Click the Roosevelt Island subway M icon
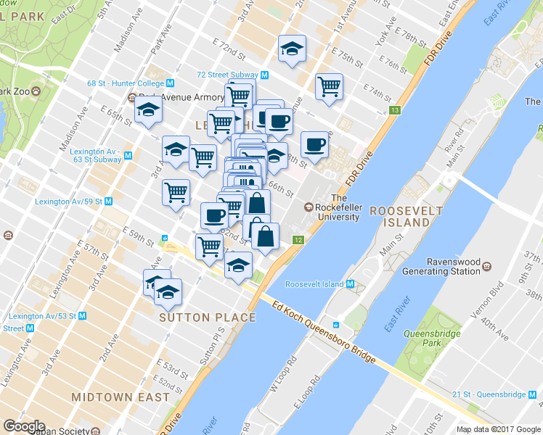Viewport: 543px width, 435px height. pyautogui.click(x=350, y=284)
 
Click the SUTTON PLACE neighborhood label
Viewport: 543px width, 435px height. pyautogui.click(x=208, y=318)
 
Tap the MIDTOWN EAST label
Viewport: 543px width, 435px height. pyautogui.click(x=121, y=397)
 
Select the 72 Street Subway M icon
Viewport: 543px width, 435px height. pyautogui.click(x=265, y=75)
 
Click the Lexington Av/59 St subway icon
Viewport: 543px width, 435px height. pyautogui.click(x=108, y=201)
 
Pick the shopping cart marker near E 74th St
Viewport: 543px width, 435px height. pyautogui.click(x=329, y=87)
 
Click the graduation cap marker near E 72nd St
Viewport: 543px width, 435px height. pyautogui.click(x=292, y=49)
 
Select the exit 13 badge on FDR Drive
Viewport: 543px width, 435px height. pyautogui.click(x=394, y=110)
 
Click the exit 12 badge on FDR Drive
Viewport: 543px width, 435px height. pyautogui.click(x=298, y=239)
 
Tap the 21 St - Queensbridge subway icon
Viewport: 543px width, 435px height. pyautogui.click(x=534, y=394)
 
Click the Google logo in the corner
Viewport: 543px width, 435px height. pyautogui.click(x=24, y=426)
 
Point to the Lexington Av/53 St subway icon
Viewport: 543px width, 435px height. pyautogui.click(x=81, y=316)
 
